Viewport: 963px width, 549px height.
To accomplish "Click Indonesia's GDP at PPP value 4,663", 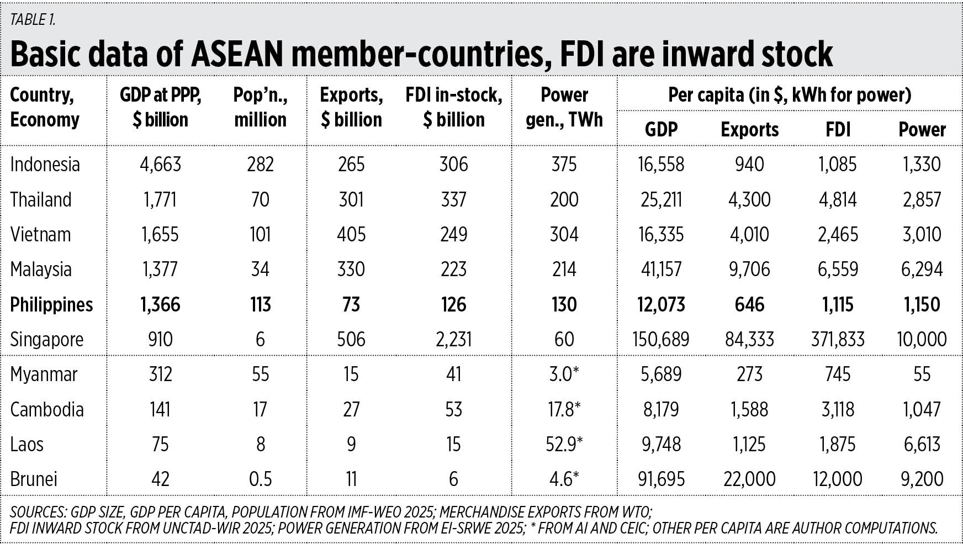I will [x=160, y=165].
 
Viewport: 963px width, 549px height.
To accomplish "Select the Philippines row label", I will [x=51, y=305].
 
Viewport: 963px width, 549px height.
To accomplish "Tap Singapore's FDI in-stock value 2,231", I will [x=453, y=340].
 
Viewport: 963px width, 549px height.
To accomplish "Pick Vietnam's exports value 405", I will [x=351, y=235].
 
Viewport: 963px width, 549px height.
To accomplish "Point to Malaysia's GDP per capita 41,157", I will [x=661, y=270].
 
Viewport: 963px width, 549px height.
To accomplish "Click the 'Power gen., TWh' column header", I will [x=564, y=107].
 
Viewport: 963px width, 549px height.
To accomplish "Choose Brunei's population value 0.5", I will [x=260, y=479].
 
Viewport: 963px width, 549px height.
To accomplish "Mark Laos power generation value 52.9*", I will [x=564, y=445].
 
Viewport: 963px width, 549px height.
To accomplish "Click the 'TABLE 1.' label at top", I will [x=33, y=20].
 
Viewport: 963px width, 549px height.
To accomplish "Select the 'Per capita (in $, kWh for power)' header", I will [x=789, y=95].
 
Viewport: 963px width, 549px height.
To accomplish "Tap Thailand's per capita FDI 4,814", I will [x=838, y=200].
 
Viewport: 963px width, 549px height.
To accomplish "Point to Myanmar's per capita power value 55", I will [x=922, y=374].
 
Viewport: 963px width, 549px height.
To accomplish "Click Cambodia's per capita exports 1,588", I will [x=749, y=410].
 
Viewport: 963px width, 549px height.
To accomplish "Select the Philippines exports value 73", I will [x=351, y=305].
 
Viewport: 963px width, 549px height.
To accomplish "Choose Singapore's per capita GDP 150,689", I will [x=661, y=340].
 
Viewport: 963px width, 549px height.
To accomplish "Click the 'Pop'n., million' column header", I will [x=260, y=107].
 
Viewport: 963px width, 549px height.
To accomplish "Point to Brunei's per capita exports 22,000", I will [x=749, y=479].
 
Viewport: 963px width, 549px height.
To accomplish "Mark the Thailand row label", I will [x=41, y=200].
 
